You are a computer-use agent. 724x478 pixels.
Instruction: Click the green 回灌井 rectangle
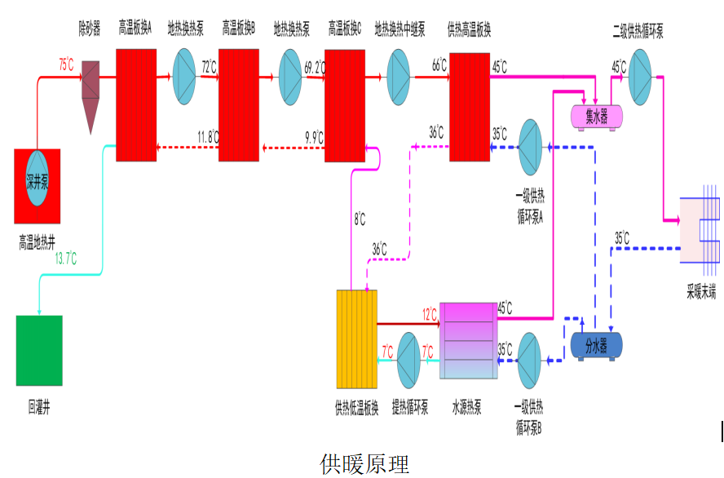click(x=39, y=350)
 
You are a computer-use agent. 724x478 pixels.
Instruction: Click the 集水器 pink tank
click(x=596, y=117)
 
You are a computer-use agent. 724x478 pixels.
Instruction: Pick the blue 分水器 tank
click(x=596, y=346)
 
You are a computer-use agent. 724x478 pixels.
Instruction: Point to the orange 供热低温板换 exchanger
click(x=358, y=339)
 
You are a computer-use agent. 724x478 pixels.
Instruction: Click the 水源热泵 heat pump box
click(x=468, y=340)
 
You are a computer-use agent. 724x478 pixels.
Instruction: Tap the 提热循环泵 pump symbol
click(x=408, y=360)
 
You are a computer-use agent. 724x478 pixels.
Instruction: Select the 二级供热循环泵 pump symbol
click(x=640, y=77)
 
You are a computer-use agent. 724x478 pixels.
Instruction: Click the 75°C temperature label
click(x=67, y=63)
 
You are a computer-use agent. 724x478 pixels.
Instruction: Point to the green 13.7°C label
click(x=66, y=259)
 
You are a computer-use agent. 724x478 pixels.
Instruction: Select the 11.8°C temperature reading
click(x=208, y=135)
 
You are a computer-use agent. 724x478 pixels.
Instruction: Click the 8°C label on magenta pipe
click(x=360, y=219)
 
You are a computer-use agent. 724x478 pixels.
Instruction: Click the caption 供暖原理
click(x=364, y=463)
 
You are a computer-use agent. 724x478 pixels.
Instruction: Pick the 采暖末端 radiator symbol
click(x=700, y=229)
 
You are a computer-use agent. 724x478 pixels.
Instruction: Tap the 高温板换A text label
click(x=135, y=30)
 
